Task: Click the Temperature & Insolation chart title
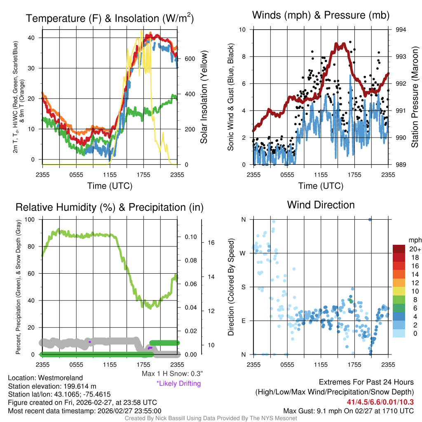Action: pos(110,19)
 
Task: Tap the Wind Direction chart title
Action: pos(321,205)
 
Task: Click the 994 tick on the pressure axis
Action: pos(401,30)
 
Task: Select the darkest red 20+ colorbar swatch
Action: pos(399,249)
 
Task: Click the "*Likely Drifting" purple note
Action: pos(178,384)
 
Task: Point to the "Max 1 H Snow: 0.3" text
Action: pos(172,373)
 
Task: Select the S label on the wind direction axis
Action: pos(243,287)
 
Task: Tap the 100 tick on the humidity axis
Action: pos(30,219)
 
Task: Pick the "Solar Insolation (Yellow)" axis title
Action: pos(204,97)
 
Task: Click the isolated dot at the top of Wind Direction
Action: pos(370,219)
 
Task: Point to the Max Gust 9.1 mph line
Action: pos(349,411)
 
